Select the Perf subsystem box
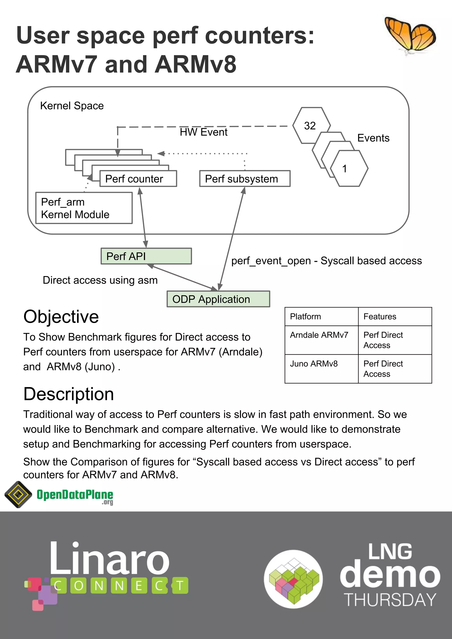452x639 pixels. [x=245, y=179]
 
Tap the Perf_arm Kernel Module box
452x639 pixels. [x=84, y=208]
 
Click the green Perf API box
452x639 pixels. [x=146, y=256]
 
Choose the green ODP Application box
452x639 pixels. [x=218, y=299]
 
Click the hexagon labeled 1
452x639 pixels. [x=349, y=169]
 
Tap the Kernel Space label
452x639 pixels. [x=72, y=106]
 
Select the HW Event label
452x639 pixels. [x=203, y=132]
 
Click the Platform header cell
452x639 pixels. [x=321, y=317]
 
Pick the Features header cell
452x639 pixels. [x=395, y=317]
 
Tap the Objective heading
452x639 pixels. [x=61, y=317]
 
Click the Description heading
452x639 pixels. [x=68, y=394]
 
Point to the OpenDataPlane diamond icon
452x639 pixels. [x=18, y=494]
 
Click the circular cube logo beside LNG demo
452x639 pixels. [x=293, y=579]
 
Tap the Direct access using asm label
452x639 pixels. [x=100, y=280]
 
